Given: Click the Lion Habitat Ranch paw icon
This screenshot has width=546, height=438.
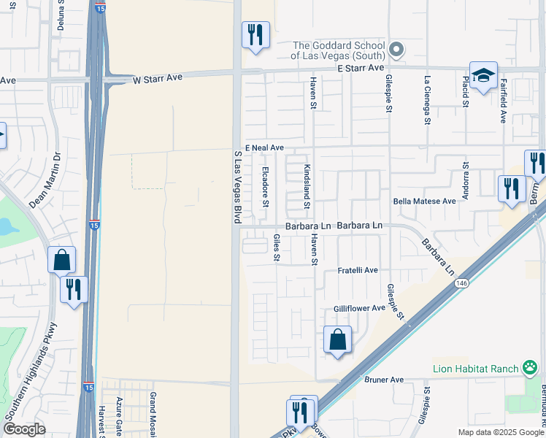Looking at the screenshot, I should (530, 369).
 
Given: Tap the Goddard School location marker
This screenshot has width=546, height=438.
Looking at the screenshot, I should (396, 50).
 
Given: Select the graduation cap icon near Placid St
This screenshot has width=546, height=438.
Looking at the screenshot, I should (483, 76).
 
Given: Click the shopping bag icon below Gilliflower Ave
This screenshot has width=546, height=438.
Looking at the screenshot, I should (338, 339).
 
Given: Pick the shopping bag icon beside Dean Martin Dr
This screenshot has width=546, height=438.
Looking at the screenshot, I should (62, 260).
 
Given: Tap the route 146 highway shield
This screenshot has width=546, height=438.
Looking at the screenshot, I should (462, 283).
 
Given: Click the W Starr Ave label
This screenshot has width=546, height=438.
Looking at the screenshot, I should (158, 77).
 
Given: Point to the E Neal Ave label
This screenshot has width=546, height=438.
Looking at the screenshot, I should (264, 147).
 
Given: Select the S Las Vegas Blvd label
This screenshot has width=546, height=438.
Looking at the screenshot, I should (237, 186).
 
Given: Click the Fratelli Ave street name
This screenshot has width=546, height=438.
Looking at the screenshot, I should (358, 270).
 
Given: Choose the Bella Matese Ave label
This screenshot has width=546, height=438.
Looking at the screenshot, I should (424, 201).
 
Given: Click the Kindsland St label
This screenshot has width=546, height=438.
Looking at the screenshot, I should (307, 186).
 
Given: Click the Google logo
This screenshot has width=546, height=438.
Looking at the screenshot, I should (24, 429).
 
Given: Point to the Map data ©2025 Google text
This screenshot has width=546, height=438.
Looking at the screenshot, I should (500, 432).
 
